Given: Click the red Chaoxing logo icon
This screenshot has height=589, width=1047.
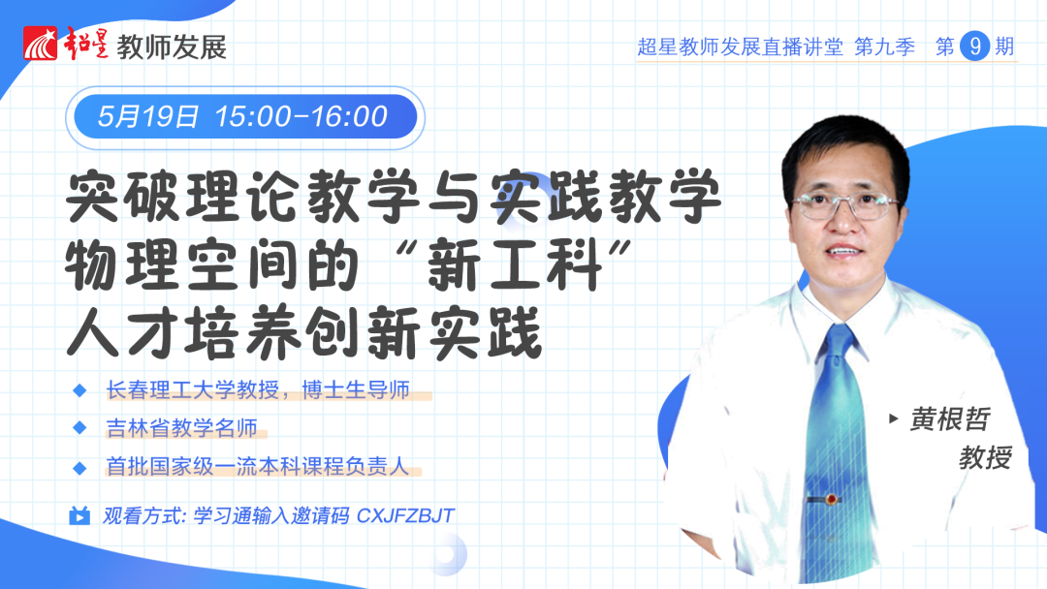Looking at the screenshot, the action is pyautogui.click(x=41, y=44).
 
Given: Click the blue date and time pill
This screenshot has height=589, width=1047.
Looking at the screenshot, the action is pyautogui.click(x=245, y=116).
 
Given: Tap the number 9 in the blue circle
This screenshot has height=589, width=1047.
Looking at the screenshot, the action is pyautogui.click(x=975, y=46).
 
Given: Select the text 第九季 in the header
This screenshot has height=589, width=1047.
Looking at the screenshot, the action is pyautogui.click(x=884, y=46).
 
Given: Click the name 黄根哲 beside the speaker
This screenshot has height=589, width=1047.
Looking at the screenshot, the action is pyautogui.click(x=949, y=419).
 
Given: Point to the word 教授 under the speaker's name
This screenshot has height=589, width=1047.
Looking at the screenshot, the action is pyautogui.click(x=986, y=457).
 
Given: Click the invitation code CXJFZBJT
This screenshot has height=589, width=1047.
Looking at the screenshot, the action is pyautogui.click(x=405, y=515).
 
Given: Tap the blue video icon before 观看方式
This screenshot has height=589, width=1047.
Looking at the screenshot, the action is pyautogui.click(x=79, y=515).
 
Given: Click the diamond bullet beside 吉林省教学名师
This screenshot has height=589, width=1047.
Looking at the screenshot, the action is pyautogui.click(x=79, y=427).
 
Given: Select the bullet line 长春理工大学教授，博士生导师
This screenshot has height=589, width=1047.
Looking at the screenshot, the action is pyautogui.click(x=258, y=389).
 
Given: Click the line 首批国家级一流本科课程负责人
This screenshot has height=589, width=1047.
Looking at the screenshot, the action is pyautogui.click(x=257, y=466).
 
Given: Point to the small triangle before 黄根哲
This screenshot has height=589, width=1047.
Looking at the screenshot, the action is pyautogui.click(x=894, y=418).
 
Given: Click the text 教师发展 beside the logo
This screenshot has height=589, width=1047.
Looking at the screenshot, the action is pyautogui.click(x=172, y=46).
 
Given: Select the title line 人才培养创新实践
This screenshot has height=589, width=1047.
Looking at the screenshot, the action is pyautogui.click(x=304, y=332).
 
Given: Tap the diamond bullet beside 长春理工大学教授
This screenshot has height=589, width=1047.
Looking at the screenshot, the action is pyautogui.click(x=79, y=390).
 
